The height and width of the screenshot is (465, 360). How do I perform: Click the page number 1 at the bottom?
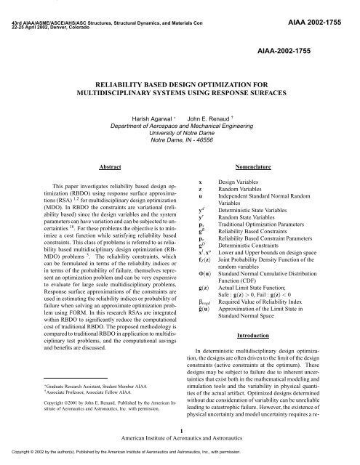(x=180, y=430)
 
